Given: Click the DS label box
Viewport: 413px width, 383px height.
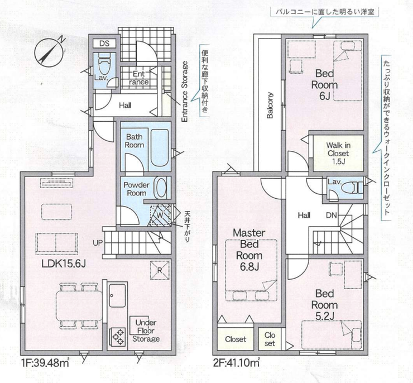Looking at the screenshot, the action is click(104, 43).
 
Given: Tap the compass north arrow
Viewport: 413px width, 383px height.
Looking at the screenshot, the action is click(50, 50).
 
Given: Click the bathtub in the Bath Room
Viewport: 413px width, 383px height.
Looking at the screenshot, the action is click(160, 148).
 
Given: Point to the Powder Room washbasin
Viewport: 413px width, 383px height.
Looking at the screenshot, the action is click(161, 188).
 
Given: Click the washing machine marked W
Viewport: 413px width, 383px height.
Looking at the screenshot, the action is click(160, 216).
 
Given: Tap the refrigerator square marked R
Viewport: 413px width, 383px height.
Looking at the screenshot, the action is click(160, 270).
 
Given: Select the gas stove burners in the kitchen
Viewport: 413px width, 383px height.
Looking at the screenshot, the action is click(117, 337).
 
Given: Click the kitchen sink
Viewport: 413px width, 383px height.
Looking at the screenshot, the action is click(117, 295).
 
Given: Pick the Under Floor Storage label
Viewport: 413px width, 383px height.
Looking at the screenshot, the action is click(146, 331).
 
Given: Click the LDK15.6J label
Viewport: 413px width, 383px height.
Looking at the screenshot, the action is click(64, 264).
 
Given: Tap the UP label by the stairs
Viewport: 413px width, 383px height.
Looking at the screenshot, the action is click(97, 243).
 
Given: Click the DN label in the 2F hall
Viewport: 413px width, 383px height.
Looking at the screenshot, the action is click(332, 216).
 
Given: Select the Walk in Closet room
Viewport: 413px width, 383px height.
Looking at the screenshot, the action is click(338, 153).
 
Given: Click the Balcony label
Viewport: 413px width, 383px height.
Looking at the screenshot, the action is click(270, 105).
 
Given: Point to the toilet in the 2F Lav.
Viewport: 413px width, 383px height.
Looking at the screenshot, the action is click(352, 188).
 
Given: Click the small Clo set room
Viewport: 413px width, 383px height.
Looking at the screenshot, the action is click(270, 339).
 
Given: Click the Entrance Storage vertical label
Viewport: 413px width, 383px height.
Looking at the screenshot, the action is click(185, 92).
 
